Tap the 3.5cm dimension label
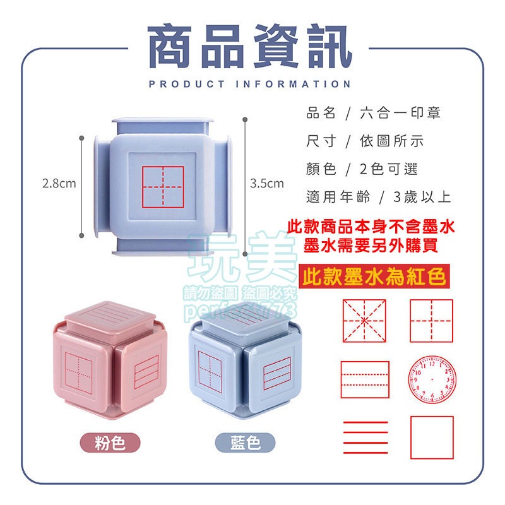click(267, 184)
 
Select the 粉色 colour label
click(109, 443)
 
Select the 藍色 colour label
click(246, 443)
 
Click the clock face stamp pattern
click(431, 381)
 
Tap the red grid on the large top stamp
click(162, 187)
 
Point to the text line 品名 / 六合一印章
click(373, 114)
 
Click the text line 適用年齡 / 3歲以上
click(377, 197)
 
